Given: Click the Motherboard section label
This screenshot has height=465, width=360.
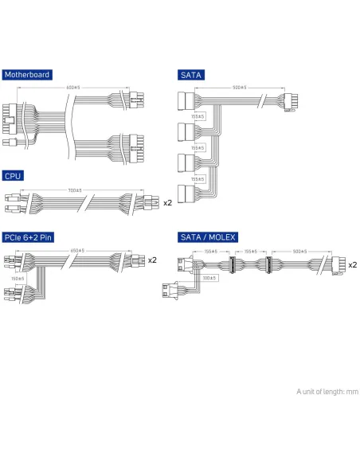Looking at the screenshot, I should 26,75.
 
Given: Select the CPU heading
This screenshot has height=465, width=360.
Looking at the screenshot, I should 13,176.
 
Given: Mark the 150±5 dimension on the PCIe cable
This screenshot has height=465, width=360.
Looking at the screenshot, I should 18,279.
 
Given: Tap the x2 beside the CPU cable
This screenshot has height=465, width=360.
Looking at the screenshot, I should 167,203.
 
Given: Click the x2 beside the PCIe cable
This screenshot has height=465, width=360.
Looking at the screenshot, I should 152,260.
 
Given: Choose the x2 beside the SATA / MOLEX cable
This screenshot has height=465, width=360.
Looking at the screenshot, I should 352,264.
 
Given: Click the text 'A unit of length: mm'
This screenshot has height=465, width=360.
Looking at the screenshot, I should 327,391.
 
